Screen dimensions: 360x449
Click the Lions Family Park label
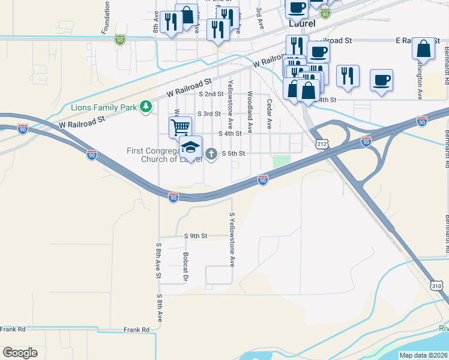pyautogui.click(x=103, y=107)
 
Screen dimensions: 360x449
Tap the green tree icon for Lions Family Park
pyautogui.click(x=145, y=107)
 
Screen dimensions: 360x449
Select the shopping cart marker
pyautogui.click(x=180, y=127)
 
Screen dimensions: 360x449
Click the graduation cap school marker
pyautogui.click(x=190, y=146)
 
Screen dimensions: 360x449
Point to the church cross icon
pyautogui.click(x=211, y=154)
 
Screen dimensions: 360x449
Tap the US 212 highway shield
pyautogui.click(x=320, y=142)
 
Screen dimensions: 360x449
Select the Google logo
pyautogui.click(x=20, y=352)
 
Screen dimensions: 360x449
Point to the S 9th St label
pyautogui.click(x=195, y=236)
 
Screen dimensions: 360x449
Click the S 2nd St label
pyautogui.click(x=211, y=94)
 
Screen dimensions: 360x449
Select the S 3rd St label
pyautogui.click(x=209, y=113)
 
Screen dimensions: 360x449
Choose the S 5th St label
pyautogui.click(x=234, y=153)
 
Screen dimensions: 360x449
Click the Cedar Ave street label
pyautogui.click(x=270, y=114)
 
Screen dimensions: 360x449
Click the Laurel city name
pyautogui.click(x=302, y=25)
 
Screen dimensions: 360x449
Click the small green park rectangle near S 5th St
pyautogui.click(x=280, y=162)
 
